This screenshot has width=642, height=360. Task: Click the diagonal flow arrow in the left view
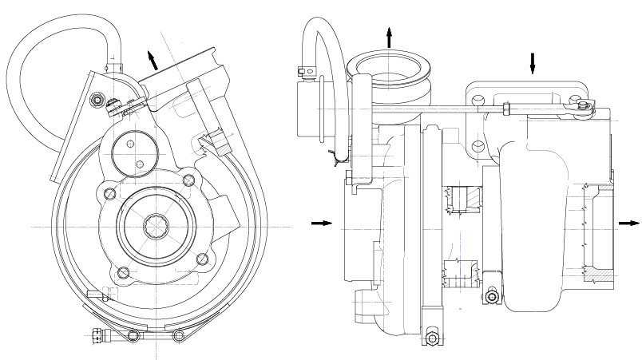point(150,59)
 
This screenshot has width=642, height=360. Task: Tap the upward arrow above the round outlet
point(390,37)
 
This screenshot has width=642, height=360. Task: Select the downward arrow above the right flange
point(533,63)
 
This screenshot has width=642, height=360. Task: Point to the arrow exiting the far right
point(628,224)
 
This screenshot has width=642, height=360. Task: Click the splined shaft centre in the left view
point(157,227)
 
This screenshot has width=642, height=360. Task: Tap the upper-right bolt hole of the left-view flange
point(188,179)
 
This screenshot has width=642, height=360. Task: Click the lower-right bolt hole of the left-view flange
point(202,259)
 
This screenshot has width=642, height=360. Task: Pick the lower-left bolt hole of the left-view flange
point(122,273)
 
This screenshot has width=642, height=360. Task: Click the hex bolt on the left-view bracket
point(98,100)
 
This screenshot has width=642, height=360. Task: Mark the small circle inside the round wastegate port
point(141,164)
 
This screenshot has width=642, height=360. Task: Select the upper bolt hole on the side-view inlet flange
point(478,99)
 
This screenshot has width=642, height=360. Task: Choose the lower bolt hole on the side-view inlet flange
point(478,146)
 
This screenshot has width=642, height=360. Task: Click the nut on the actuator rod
point(507,108)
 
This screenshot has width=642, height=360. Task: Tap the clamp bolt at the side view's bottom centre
point(432,338)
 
